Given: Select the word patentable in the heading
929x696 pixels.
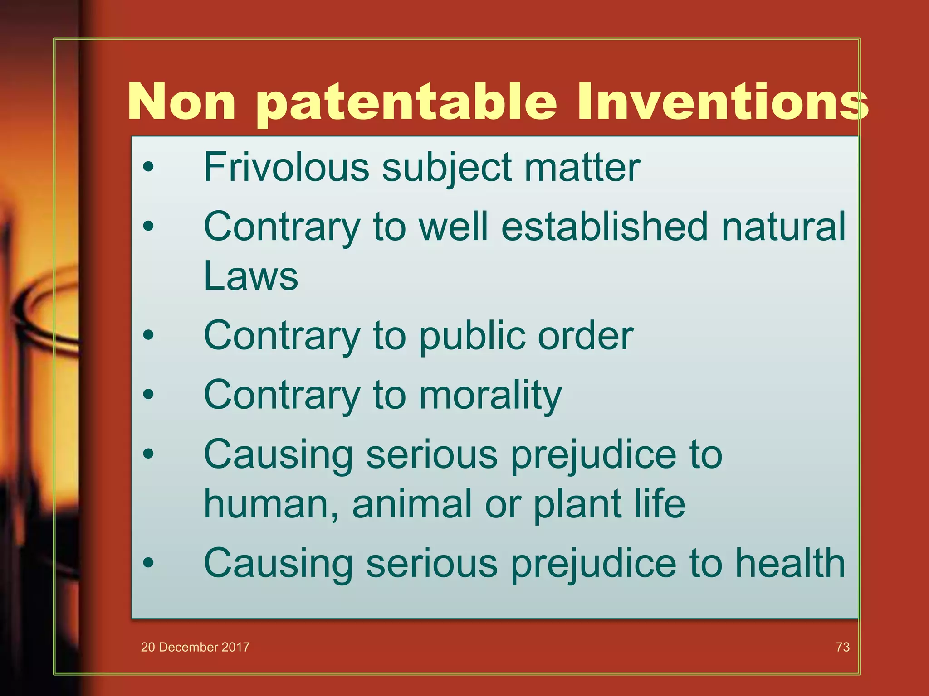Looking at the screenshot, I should point(406,102).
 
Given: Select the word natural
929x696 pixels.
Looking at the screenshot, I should point(783,226).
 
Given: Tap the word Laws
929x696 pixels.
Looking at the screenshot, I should point(251,276).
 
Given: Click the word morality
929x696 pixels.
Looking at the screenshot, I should point(490,396).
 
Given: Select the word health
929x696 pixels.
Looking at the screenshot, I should point(790,563).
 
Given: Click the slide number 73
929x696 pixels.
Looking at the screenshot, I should point(842,647).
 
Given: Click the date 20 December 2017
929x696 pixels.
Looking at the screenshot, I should point(195,647).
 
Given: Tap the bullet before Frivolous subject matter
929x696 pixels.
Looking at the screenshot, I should point(148,168).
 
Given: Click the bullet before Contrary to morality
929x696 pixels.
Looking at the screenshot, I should point(148,395).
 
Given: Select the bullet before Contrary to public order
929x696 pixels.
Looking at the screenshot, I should point(148,336).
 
